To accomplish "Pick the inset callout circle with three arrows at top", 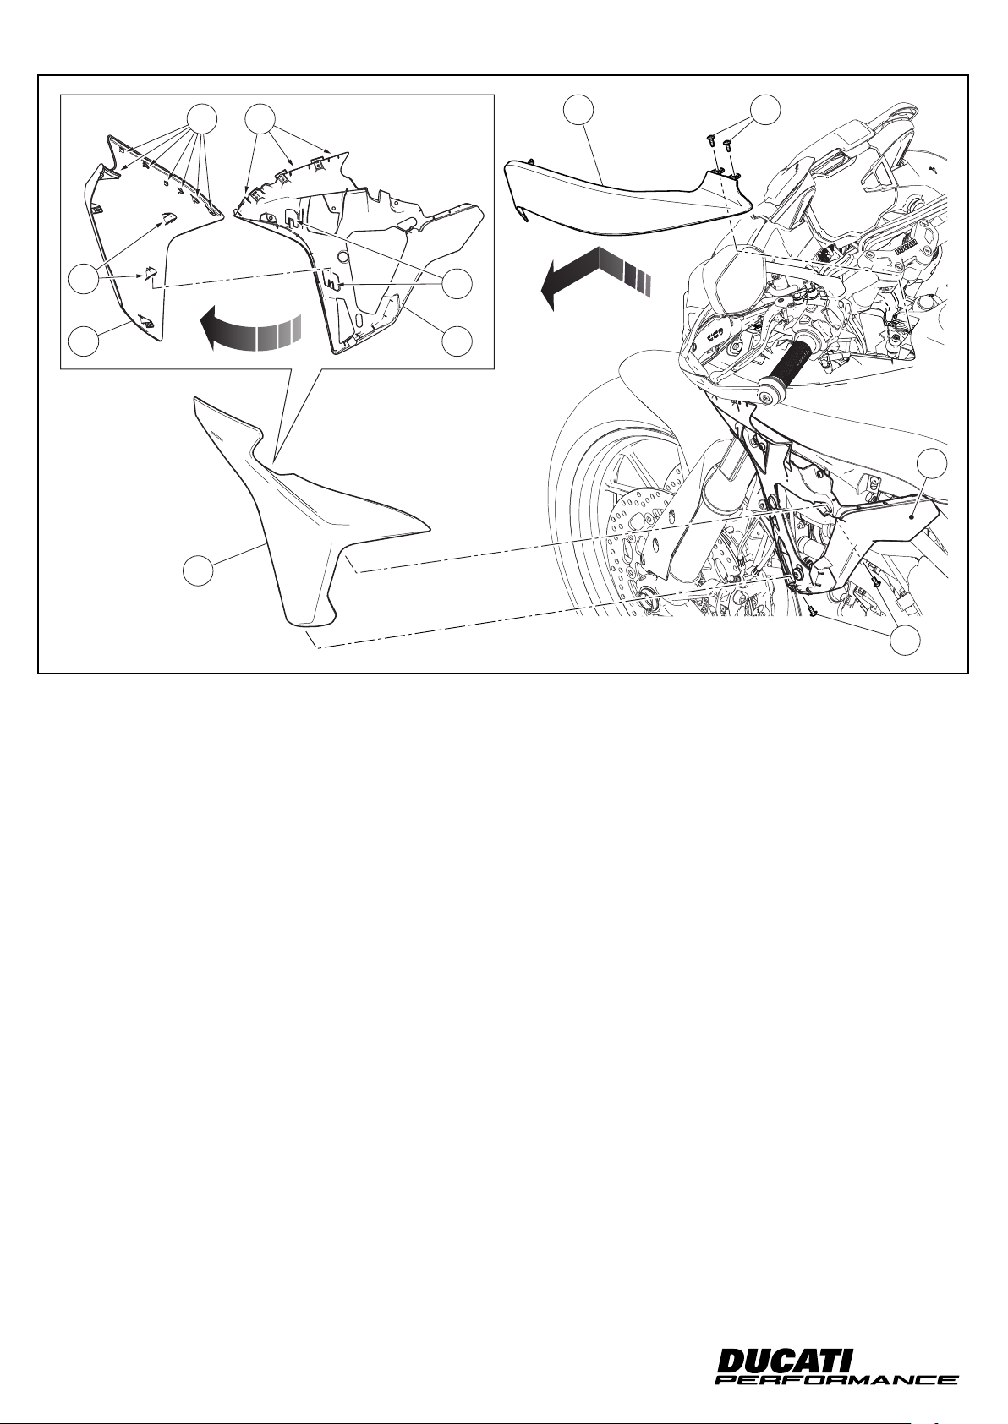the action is point(261,118).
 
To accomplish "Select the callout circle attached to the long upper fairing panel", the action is point(578,109).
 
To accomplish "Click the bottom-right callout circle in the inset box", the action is point(457,341).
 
